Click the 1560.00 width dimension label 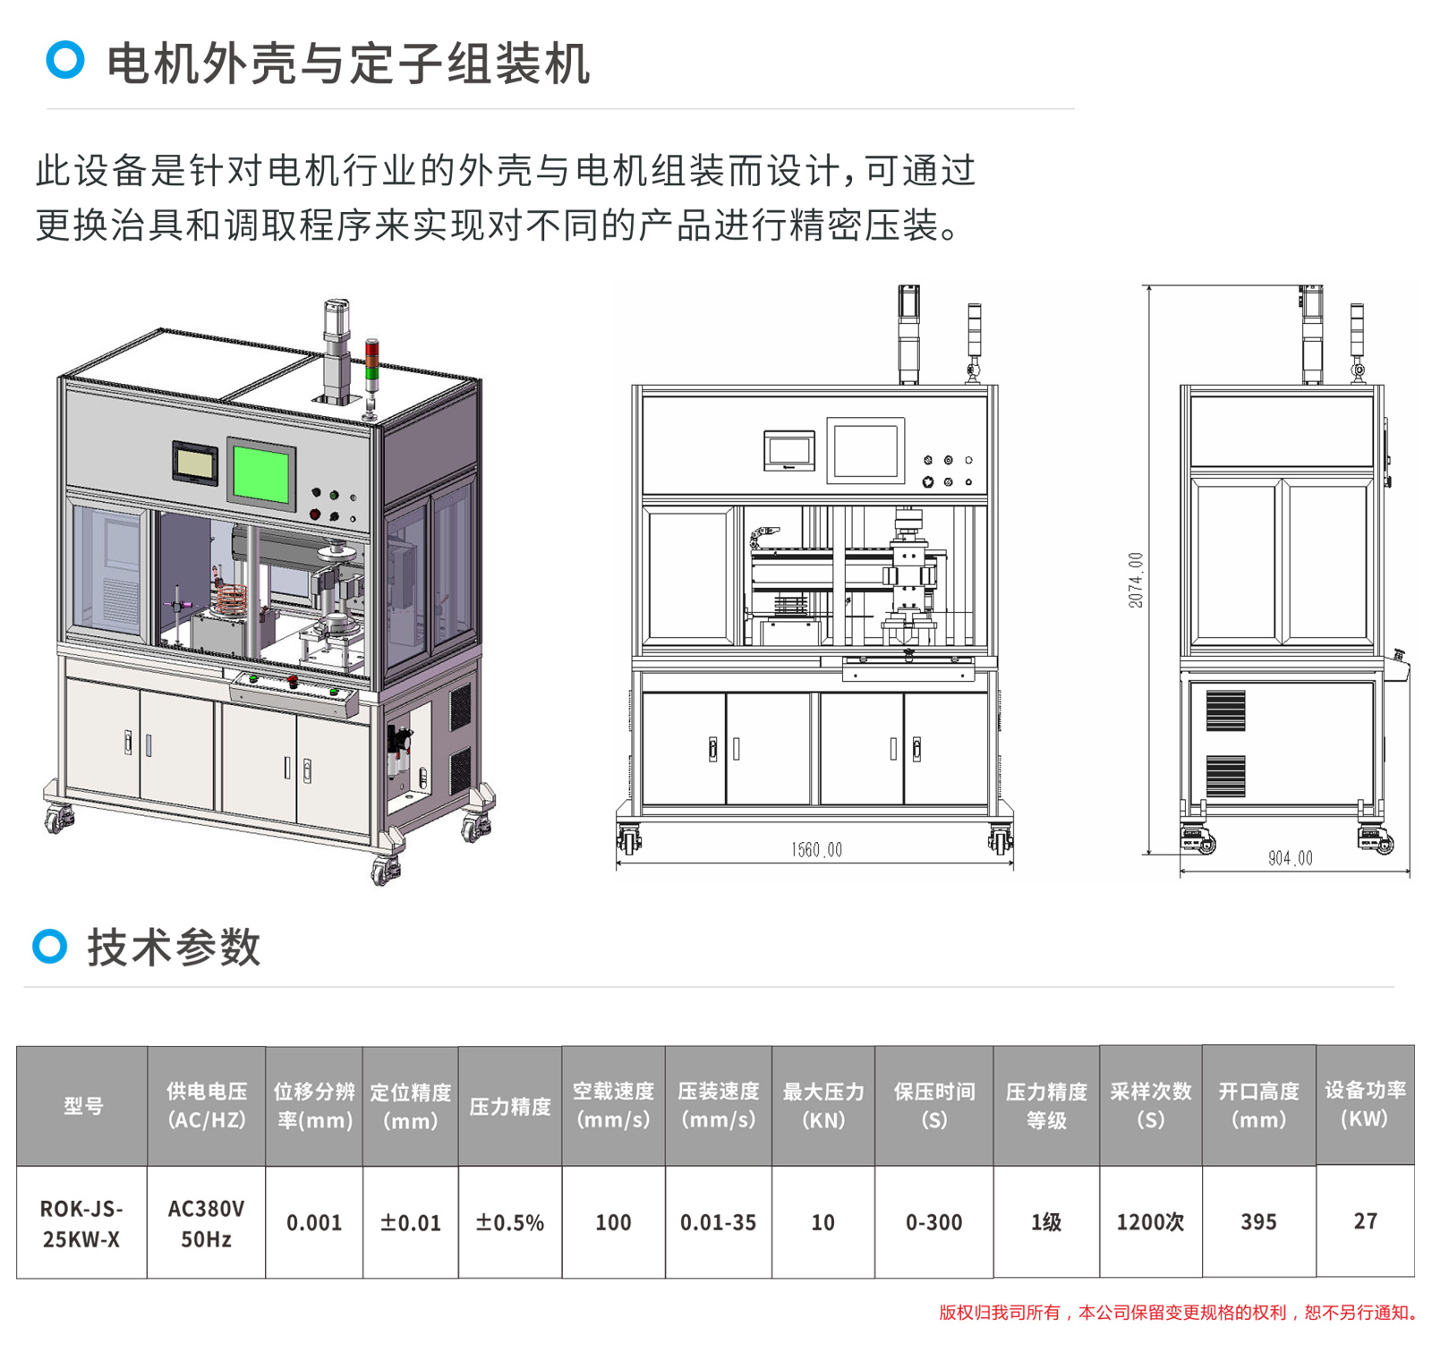(x=816, y=849)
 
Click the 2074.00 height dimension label (x=1136, y=580)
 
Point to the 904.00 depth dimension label (x=1290, y=858)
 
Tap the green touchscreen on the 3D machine (x=260, y=473)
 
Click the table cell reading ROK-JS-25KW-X (x=81, y=1223)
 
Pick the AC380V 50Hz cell (x=206, y=1223)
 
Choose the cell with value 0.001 (x=314, y=1222)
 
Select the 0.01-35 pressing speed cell (x=718, y=1222)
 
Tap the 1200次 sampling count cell (x=1150, y=1222)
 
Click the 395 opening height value (x=1258, y=1222)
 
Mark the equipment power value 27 (x=1365, y=1221)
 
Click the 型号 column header (x=82, y=1106)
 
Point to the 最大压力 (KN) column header (x=823, y=1106)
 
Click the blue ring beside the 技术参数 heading (x=50, y=946)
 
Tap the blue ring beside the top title (x=65, y=60)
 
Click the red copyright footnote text (x=1178, y=1313)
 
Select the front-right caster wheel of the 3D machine (x=386, y=869)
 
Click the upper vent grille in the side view (x=1225, y=710)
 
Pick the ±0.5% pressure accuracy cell (x=510, y=1222)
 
